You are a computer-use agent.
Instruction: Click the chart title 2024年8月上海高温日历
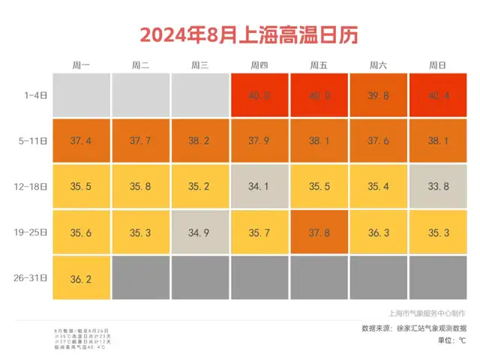click(239, 34)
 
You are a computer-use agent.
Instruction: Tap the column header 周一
click(81, 65)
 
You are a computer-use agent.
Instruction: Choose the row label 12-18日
click(34, 187)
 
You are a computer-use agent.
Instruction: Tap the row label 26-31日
click(34, 278)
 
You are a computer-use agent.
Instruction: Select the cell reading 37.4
click(81, 140)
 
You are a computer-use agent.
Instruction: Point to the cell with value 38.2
click(200, 140)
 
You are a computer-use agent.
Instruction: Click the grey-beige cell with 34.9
click(200, 232)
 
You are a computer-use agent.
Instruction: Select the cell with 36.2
click(81, 278)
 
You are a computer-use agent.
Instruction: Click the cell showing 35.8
click(141, 187)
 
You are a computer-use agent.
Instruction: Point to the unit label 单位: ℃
click(451, 340)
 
